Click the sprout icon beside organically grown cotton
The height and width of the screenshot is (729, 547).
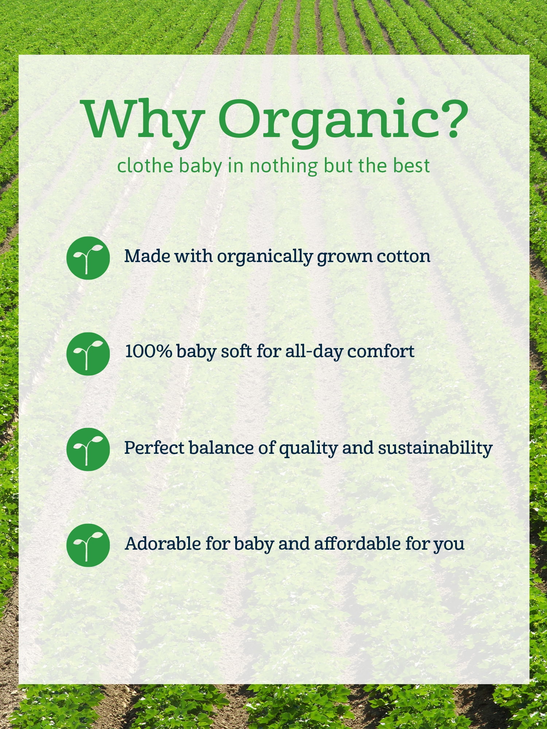[x=88, y=258]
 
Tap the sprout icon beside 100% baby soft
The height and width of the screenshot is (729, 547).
[x=88, y=354]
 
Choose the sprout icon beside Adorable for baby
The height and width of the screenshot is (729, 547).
[x=88, y=545]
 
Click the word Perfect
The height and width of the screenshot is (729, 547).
[x=154, y=448]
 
